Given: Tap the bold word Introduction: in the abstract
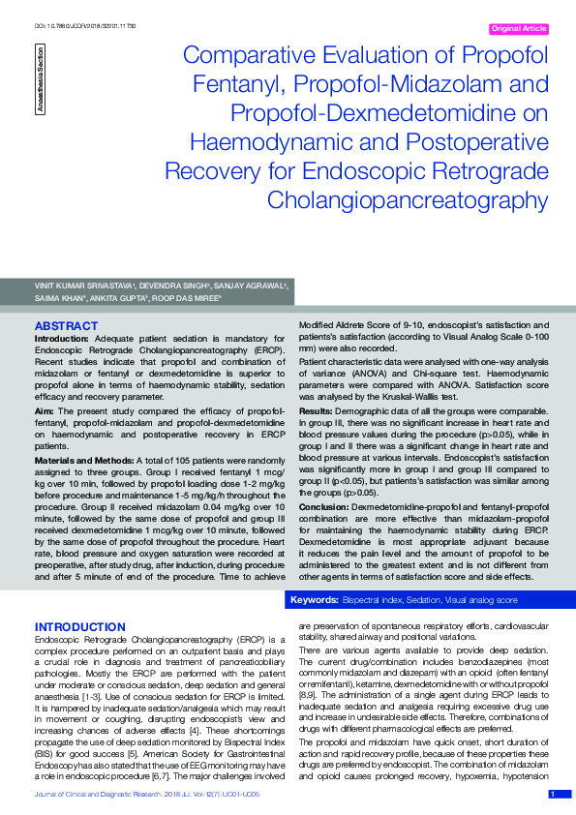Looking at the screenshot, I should point(63,340).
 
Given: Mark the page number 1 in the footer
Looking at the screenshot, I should point(553,795).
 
